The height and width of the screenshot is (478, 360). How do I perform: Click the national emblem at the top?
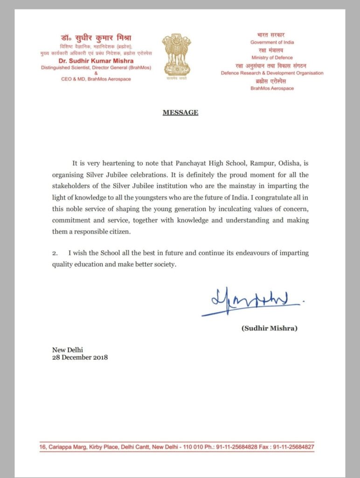tap(176, 56)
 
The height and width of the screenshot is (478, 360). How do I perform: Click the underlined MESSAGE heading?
tap(180, 112)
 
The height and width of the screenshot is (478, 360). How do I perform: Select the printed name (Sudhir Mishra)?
tap(269, 329)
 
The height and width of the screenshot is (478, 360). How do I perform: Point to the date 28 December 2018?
tap(80, 358)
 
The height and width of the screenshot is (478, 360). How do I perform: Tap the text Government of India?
tap(272, 42)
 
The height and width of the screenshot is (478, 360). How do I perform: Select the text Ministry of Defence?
tap(272, 57)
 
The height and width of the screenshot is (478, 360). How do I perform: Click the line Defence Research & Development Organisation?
tap(272, 73)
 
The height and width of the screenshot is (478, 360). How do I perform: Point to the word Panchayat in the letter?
tap(194, 164)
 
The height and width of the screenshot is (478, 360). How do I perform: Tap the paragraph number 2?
tap(55, 253)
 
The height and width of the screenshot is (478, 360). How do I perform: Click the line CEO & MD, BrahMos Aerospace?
tap(96, 79)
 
